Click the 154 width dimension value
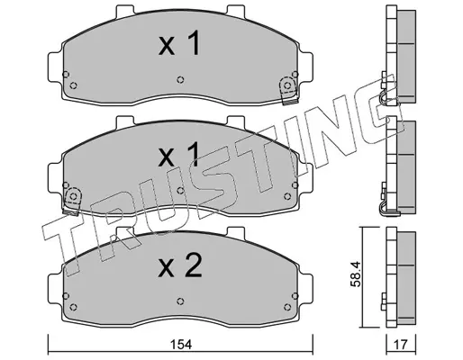pyautogui.click(x=181, y=345)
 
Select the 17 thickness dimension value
pyautogui.click(x=401, y=345)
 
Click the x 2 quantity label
pyautogui.click(x=180, y=266)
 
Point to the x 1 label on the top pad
pyautogui.click(x=179, y=44)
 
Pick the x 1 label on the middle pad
pyautogui.click(x=179, y=155)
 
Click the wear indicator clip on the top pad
pyautogui.click(x=288, y=91)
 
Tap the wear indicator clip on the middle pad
pyautogui.click(x=72, y=201)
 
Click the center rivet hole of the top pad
pyautogui.click(x=180, y=79)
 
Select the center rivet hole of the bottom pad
pyautogui.click(x=180, y=301)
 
